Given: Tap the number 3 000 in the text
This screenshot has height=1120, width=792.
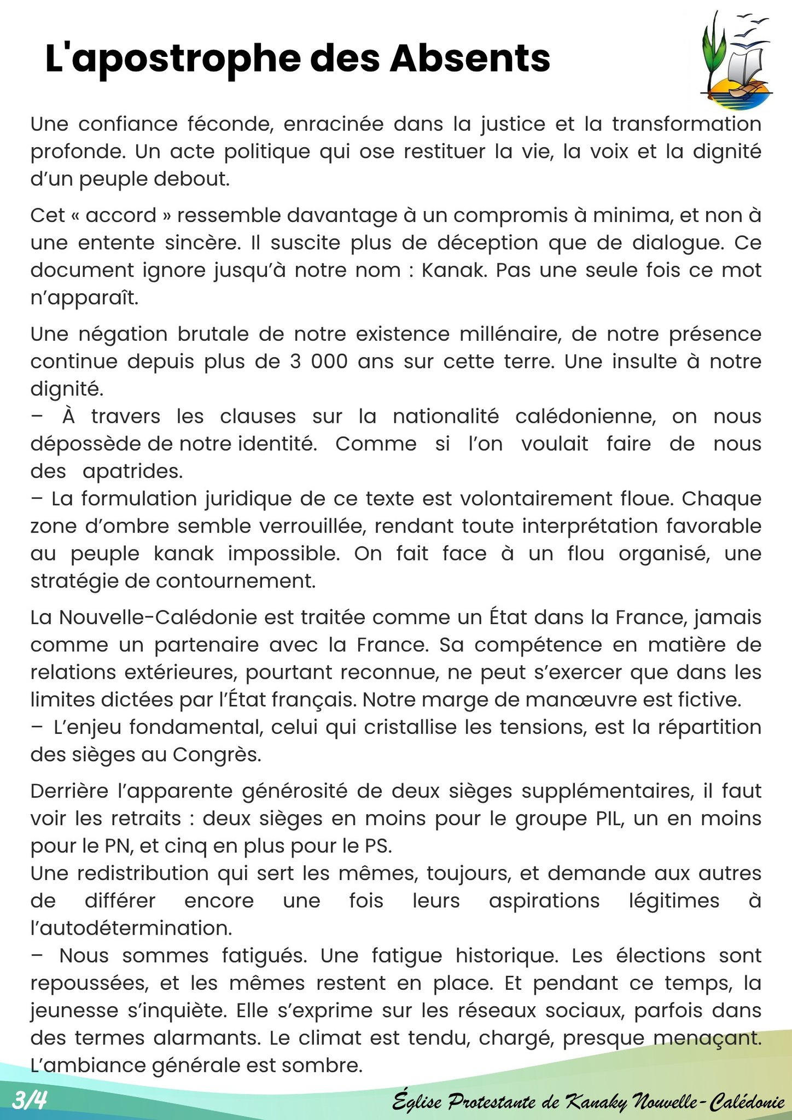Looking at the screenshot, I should tap(319, 361).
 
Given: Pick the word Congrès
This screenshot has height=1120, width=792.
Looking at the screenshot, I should tap(217, 754).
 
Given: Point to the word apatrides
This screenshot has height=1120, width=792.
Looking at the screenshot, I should tap(132, 471).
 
